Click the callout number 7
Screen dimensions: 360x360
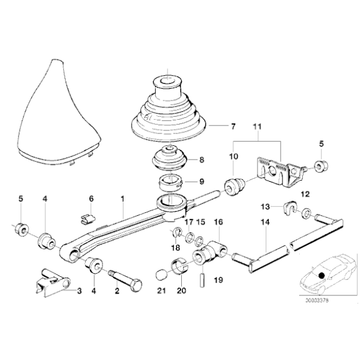233,126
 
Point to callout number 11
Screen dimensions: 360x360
257,126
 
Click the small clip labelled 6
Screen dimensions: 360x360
88,219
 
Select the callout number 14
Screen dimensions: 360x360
265,222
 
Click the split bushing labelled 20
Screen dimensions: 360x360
180,266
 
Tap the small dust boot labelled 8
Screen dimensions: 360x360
170,158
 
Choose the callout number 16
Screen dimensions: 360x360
218,222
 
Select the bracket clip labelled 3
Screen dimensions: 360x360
52,282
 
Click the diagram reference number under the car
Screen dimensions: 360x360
317,300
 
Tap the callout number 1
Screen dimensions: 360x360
122,199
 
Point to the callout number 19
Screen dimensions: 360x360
218,280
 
